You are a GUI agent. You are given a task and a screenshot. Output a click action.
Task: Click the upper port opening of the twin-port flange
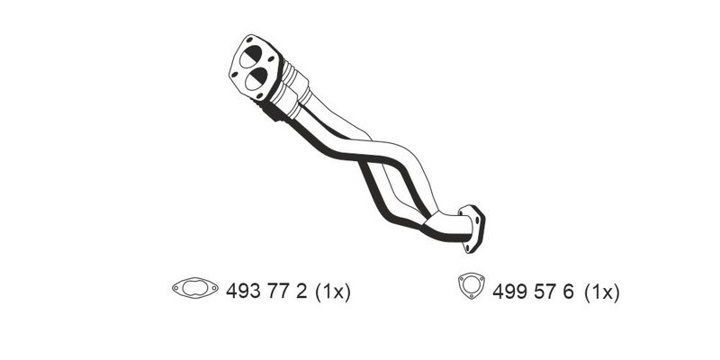(251, 57)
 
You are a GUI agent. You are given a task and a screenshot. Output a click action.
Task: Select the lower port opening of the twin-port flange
(256, 78)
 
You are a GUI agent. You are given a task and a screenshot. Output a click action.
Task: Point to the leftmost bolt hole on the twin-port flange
(235, 74)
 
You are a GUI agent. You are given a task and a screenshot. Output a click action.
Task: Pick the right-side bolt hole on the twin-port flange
(271, 59)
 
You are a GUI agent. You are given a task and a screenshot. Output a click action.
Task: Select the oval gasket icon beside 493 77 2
(195, 288)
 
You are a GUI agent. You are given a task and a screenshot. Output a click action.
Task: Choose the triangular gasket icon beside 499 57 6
(472, 285)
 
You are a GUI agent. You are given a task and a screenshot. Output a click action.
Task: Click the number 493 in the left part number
(243, 291)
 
